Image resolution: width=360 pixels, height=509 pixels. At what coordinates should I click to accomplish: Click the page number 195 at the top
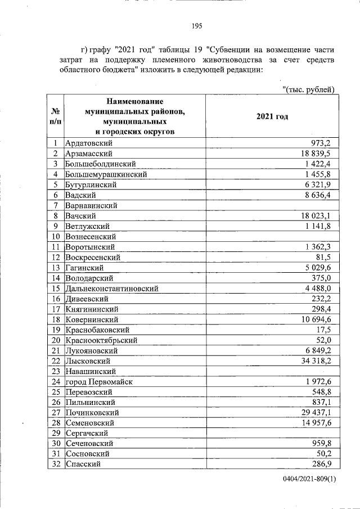click(197, 26)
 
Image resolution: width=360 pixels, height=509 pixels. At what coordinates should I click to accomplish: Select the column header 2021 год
click(272, 116)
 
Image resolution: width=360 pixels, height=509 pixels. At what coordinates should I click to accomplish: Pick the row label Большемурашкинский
click(106, 174)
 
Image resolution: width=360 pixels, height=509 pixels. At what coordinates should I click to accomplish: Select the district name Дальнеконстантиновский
click(111, 288)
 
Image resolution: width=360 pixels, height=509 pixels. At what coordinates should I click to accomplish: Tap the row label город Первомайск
click(99, 381)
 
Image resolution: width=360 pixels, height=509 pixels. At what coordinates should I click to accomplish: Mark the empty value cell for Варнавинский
click(272, 205)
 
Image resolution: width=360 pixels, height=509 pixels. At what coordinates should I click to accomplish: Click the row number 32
click(55, 464)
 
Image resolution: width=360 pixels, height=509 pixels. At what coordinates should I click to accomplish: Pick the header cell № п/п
click(55, 116)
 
